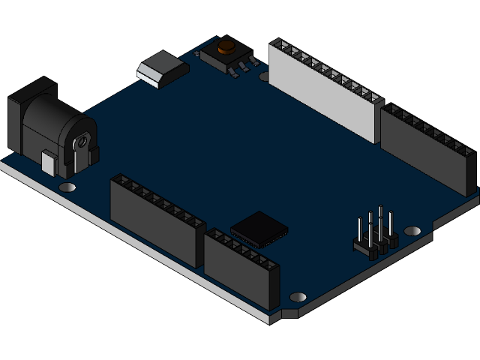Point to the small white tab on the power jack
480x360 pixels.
(x=49, y=163)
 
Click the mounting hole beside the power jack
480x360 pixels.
(x=67, y=187)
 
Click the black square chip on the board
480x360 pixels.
(x=259, y=228)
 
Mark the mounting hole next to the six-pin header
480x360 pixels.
(x=412, y=230)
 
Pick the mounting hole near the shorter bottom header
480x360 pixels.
(x=297, y=297)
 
